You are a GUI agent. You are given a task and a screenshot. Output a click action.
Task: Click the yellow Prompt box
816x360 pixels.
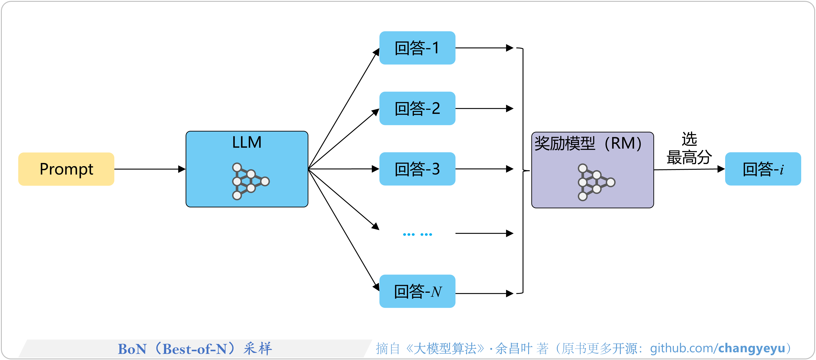66,169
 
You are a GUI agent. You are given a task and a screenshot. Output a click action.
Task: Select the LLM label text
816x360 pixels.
247,142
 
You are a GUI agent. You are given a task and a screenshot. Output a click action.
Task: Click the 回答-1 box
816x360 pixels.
417,48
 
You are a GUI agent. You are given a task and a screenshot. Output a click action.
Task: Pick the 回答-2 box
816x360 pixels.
417,108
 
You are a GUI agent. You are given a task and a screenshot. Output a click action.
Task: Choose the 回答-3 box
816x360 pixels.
417,169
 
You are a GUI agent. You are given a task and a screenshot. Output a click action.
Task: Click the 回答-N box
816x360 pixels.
417,291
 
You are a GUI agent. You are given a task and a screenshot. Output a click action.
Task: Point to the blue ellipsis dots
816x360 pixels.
417,234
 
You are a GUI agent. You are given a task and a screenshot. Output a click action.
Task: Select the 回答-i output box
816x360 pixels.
763,169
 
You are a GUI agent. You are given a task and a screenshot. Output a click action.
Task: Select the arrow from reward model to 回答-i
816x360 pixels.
689,170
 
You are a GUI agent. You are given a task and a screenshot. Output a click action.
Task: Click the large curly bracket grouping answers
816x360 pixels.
523,171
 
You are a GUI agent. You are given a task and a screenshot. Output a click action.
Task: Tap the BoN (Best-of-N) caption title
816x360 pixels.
194,349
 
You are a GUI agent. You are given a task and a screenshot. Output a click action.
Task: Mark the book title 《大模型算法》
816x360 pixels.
445,349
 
